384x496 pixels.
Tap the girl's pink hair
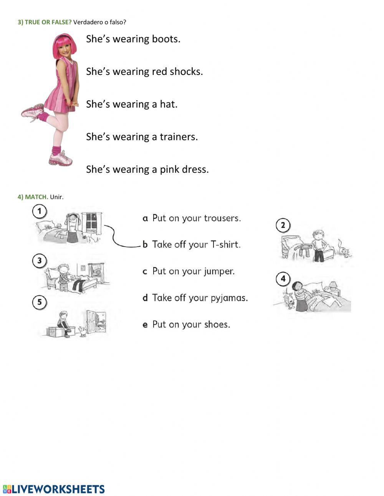pos(65,42)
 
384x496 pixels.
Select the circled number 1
pos(39,211)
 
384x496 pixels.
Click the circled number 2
pos(283,225)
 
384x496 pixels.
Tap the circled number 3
pos(39,261)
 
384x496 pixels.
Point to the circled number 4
pos(283,279)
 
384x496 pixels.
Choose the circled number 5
pos(39,302)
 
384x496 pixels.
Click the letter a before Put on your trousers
pos(145,219)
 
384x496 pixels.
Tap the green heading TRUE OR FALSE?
pos(45,22)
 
